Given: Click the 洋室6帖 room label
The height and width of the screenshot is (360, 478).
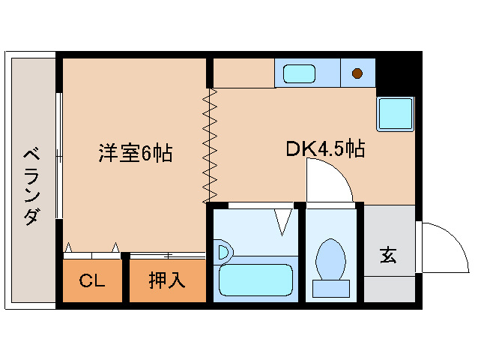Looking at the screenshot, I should click(x=135, y=153).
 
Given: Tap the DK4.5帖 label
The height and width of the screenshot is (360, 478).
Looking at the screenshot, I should click(x=325, y=148).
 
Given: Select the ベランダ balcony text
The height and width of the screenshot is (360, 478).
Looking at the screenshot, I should click(x=32, y=186).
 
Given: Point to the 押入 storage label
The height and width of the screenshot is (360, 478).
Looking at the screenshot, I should click(x=166, y=281).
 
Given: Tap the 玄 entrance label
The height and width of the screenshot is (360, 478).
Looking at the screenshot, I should click(x=388, y=255).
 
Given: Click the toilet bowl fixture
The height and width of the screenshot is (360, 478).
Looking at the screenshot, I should click(x=330, y=259).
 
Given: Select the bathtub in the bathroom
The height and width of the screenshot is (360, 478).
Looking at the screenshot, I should click(x=254, y=280).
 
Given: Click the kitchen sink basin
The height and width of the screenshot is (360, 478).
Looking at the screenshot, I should click(x=299, y=73).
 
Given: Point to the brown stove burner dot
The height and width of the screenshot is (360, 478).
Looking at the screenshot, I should click(x=357, y=73).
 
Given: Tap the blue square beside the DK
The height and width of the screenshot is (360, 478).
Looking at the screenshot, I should click(x=395, y=115).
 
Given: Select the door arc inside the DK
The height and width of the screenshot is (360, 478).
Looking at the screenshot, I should click(x=327, y=180).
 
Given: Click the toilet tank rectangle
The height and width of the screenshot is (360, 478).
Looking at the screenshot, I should click(x=330, y=288).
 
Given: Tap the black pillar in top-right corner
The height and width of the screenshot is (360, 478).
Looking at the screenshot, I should click(x=396, y=71).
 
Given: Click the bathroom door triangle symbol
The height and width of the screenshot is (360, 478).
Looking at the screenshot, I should click(x=283, y=220).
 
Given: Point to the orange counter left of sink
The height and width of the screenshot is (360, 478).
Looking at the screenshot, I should click(x=243, y=73).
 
